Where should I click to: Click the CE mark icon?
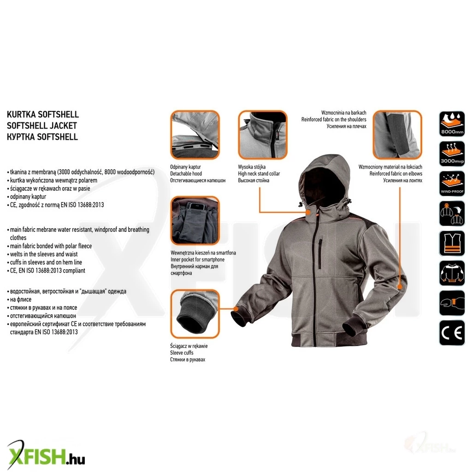click(x=452, y=333)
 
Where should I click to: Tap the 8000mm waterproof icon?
click(x=452, y=124)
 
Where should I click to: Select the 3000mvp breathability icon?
click(x=452, y=153)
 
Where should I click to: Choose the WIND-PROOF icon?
click(x=452, y=183)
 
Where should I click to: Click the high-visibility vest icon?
click(x=452, y=243)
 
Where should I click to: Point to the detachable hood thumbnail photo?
click(x=195, y=135)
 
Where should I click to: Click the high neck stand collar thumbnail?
click(x=262, y=135)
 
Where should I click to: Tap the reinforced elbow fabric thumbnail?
click(x=397, y=135)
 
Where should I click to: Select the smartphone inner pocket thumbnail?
click(x=195, y=221)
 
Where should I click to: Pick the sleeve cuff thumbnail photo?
click(x=195, y=314)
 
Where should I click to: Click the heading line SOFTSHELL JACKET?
click(x=42, y=125)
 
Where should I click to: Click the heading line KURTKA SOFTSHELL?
click(x=43, y=114)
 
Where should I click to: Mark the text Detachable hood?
click(x=186, y=174)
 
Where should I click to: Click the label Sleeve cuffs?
click(x=182, y=353)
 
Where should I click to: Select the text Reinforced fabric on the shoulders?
click(x=334, y=119)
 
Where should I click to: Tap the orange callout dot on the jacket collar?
click(x=308, y=212)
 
